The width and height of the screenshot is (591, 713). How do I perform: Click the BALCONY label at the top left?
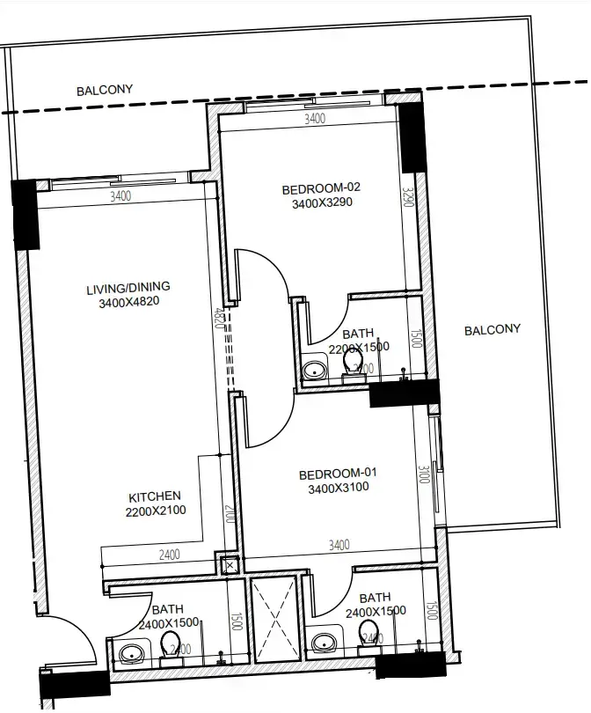[x=104, y=90]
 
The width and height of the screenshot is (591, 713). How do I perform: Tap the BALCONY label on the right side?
[x=492, y=330]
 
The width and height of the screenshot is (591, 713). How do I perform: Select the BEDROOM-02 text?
[x=321, y=188]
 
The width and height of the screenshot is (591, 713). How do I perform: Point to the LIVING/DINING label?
[x=128, y=288]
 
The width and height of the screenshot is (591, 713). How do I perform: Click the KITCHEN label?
[x=155, y=496]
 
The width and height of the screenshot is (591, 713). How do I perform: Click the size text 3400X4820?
[x=128, y=303]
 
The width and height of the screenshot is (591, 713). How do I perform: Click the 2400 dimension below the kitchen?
[x=169, y=555]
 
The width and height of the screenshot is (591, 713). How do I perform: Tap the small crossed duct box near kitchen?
[x=230, y=566]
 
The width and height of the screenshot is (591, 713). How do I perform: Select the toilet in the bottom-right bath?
[x=368, y=630]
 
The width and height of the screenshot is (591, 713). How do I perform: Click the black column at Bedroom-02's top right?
[x=411, y=138]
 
